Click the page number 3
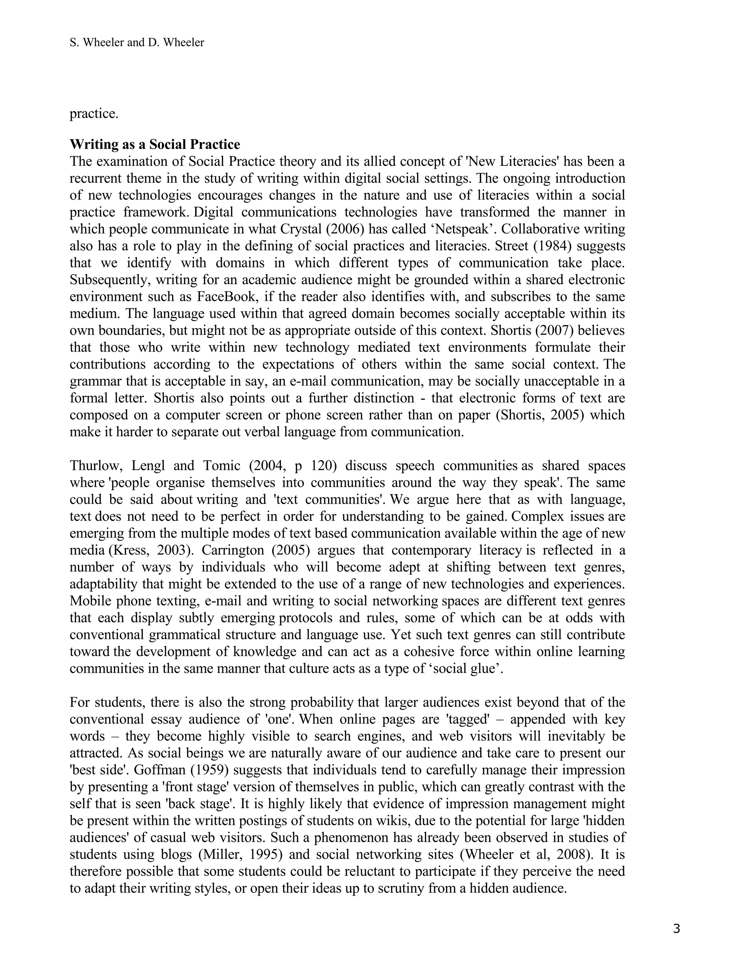tap(676, 928)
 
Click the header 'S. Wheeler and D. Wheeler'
tap(137, 42)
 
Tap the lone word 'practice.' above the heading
tap(94, 114)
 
